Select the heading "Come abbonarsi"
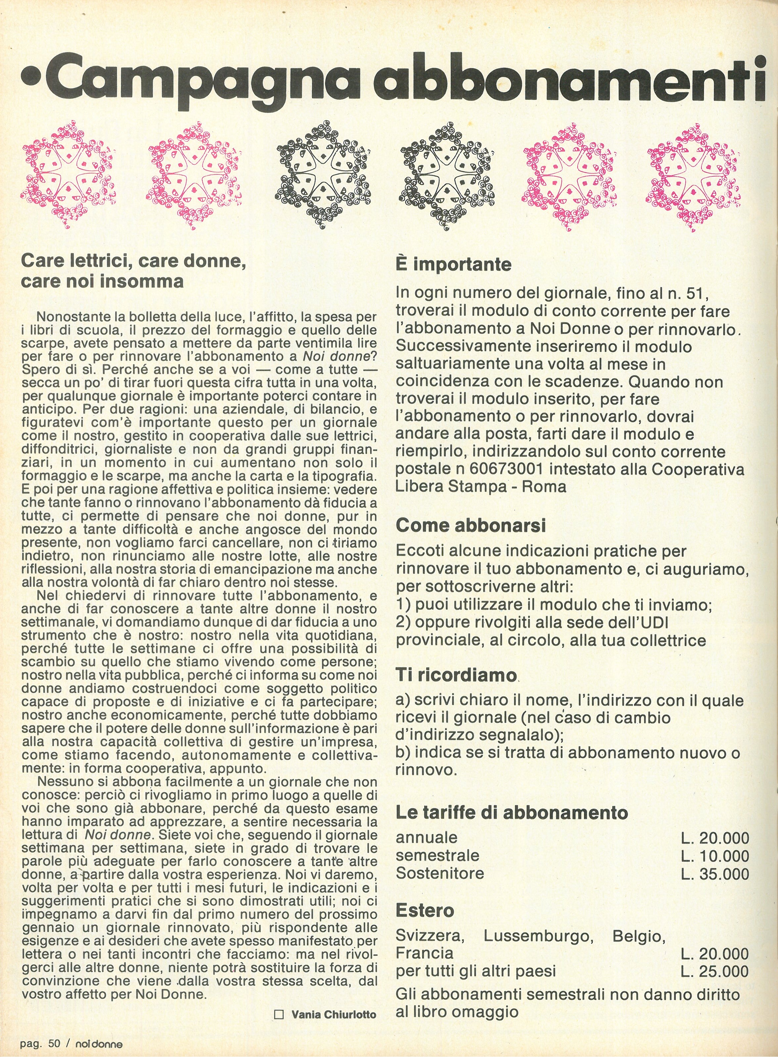[470, 525]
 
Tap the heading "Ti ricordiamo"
[456, 675]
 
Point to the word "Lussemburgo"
[538, 936]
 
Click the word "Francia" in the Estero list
[424, 953]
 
